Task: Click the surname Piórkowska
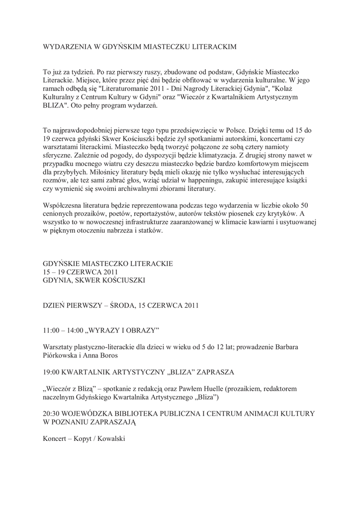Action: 61,355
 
